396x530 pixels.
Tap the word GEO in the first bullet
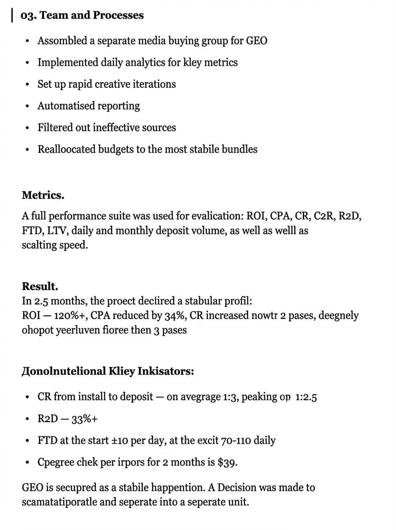tap(256, 41)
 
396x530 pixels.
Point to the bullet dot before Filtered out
tap(28, 129)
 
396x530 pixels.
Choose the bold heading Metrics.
tap(43, 195)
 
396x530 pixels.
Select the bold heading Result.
tap(40, 286)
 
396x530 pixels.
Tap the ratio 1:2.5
tap(306, 397)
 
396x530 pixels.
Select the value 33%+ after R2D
tap(84, 419)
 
